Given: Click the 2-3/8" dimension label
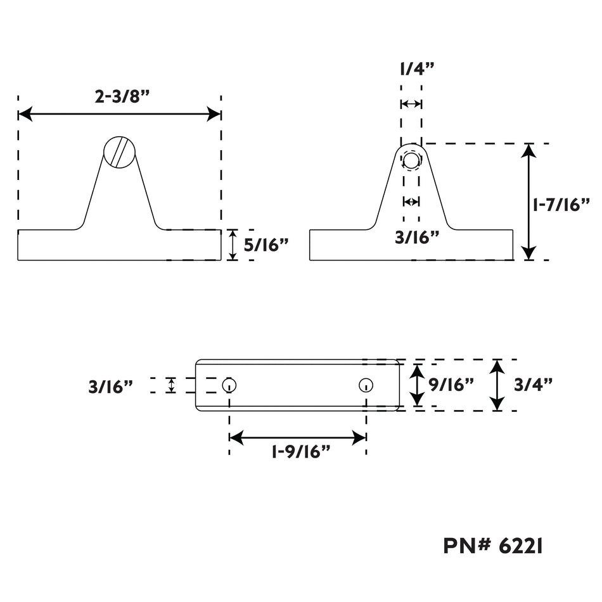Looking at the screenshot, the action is [x=122, y=96].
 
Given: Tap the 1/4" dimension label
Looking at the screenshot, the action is [x=417, y=69].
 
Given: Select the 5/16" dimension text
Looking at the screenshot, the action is [x=266, y=245].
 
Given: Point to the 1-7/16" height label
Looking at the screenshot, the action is [x=561, y=205].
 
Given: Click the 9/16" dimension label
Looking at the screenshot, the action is [x=451, y=384].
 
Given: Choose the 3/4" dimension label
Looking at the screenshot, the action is [x=534, y=384].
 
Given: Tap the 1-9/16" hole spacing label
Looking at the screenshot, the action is [x=301, y=451].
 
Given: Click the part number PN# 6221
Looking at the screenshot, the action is [x=493, y=546].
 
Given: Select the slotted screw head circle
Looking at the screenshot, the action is [x=119, y=152].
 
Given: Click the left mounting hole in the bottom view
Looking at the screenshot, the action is [x=229, y=385].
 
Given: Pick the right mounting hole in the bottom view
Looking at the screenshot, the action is [x=366, y=385].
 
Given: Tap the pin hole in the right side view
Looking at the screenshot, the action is [x=411, y=160].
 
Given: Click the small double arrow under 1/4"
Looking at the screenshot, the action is [x=411, y=104].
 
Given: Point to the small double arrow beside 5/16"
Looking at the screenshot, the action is [x=233, y=245].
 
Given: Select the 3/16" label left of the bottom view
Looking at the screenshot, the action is [x=110, y=387].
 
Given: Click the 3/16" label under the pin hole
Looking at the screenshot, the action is [x=417, y=238].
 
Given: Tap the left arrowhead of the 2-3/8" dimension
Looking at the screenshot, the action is [x=25, y=114].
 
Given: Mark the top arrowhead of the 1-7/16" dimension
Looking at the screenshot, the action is [x=529, y=151].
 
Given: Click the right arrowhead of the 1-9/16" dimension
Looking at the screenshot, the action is [x=359, y=438].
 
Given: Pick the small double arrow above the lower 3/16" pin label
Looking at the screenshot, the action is [x=411, y=201].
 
